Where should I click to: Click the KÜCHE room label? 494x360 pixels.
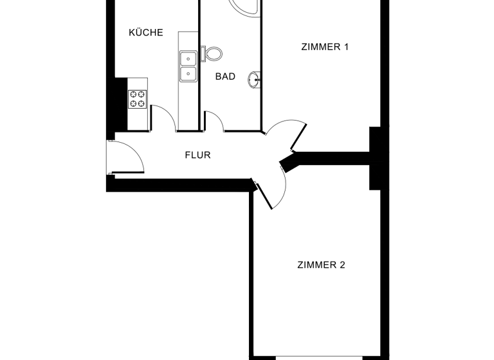tap(145, 33)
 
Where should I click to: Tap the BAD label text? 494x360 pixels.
tap(225, 76)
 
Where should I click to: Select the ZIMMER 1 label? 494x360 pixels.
tap(325, 46)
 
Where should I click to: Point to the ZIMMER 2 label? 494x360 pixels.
tap(321, 265)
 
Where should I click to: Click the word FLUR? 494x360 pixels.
tap(197, 155)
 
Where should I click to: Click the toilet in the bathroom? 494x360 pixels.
tap(213, 53)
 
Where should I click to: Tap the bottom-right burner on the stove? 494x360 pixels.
tap(142, 104)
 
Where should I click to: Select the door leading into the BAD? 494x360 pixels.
tap(215, 121)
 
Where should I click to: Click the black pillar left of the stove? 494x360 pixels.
tap(119, 102)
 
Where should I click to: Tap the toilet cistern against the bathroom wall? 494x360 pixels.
tap(203, 53)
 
